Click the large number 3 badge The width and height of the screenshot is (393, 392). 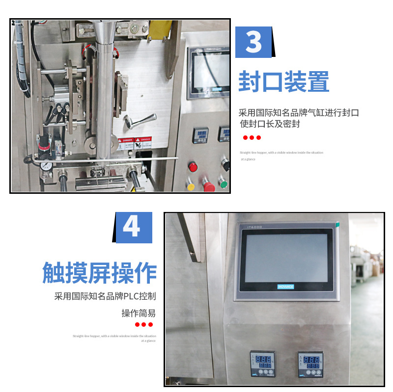(x=253, y=42)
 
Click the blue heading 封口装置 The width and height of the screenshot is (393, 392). (x=283, y=81)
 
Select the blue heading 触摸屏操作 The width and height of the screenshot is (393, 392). (x=99, y=273)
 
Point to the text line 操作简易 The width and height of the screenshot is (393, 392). (x=139, y=313)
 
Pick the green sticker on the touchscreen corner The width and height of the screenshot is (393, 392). (x=337, y=225)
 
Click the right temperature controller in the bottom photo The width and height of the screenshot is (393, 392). (x=310, y=363)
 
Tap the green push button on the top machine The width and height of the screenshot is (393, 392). (x=224, y=185)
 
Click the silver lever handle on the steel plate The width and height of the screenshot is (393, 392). (x=140, y=120)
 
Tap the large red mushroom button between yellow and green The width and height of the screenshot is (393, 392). (x=208, y=187)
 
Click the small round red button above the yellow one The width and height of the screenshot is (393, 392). (x=193, y=167)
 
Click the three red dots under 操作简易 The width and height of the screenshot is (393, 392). (x=144, y=324)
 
